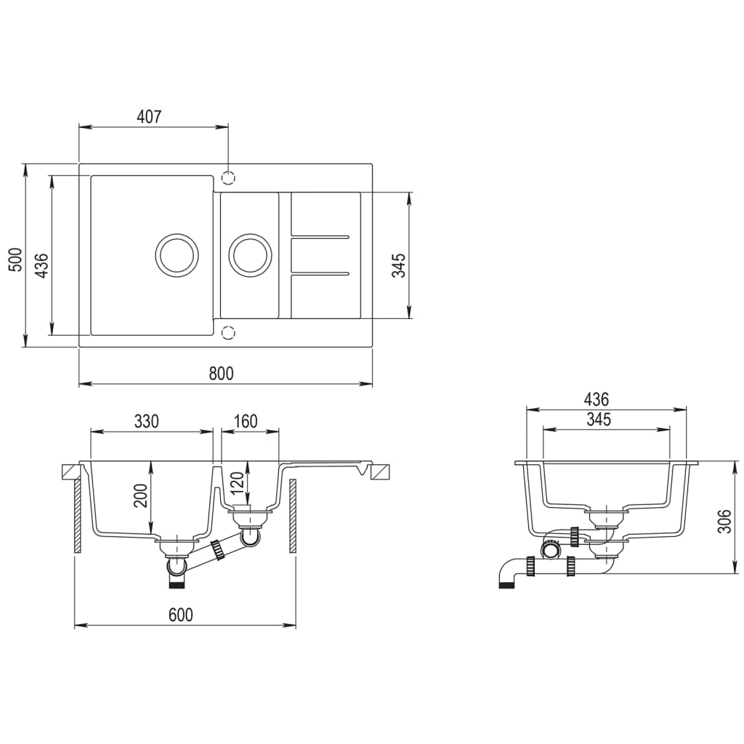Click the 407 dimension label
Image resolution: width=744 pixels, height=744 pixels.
coord(149,116)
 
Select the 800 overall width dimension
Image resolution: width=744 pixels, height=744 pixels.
coord(221,373)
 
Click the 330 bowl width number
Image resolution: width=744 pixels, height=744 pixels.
coord(146,421)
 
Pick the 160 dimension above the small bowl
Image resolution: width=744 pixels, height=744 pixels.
coord(246,421)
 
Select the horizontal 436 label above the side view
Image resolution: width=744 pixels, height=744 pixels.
coord(596,399)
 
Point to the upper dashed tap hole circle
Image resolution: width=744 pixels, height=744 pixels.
coord(229,177)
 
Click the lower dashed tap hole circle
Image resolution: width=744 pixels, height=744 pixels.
coord(229,333)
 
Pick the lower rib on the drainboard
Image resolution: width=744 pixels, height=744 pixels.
coord(320,274)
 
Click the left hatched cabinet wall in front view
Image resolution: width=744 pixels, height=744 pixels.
coord(76,517)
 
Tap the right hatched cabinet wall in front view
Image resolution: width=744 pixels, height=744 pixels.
coord(293,517)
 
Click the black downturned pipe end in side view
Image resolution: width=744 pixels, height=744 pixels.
coord(506,582)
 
